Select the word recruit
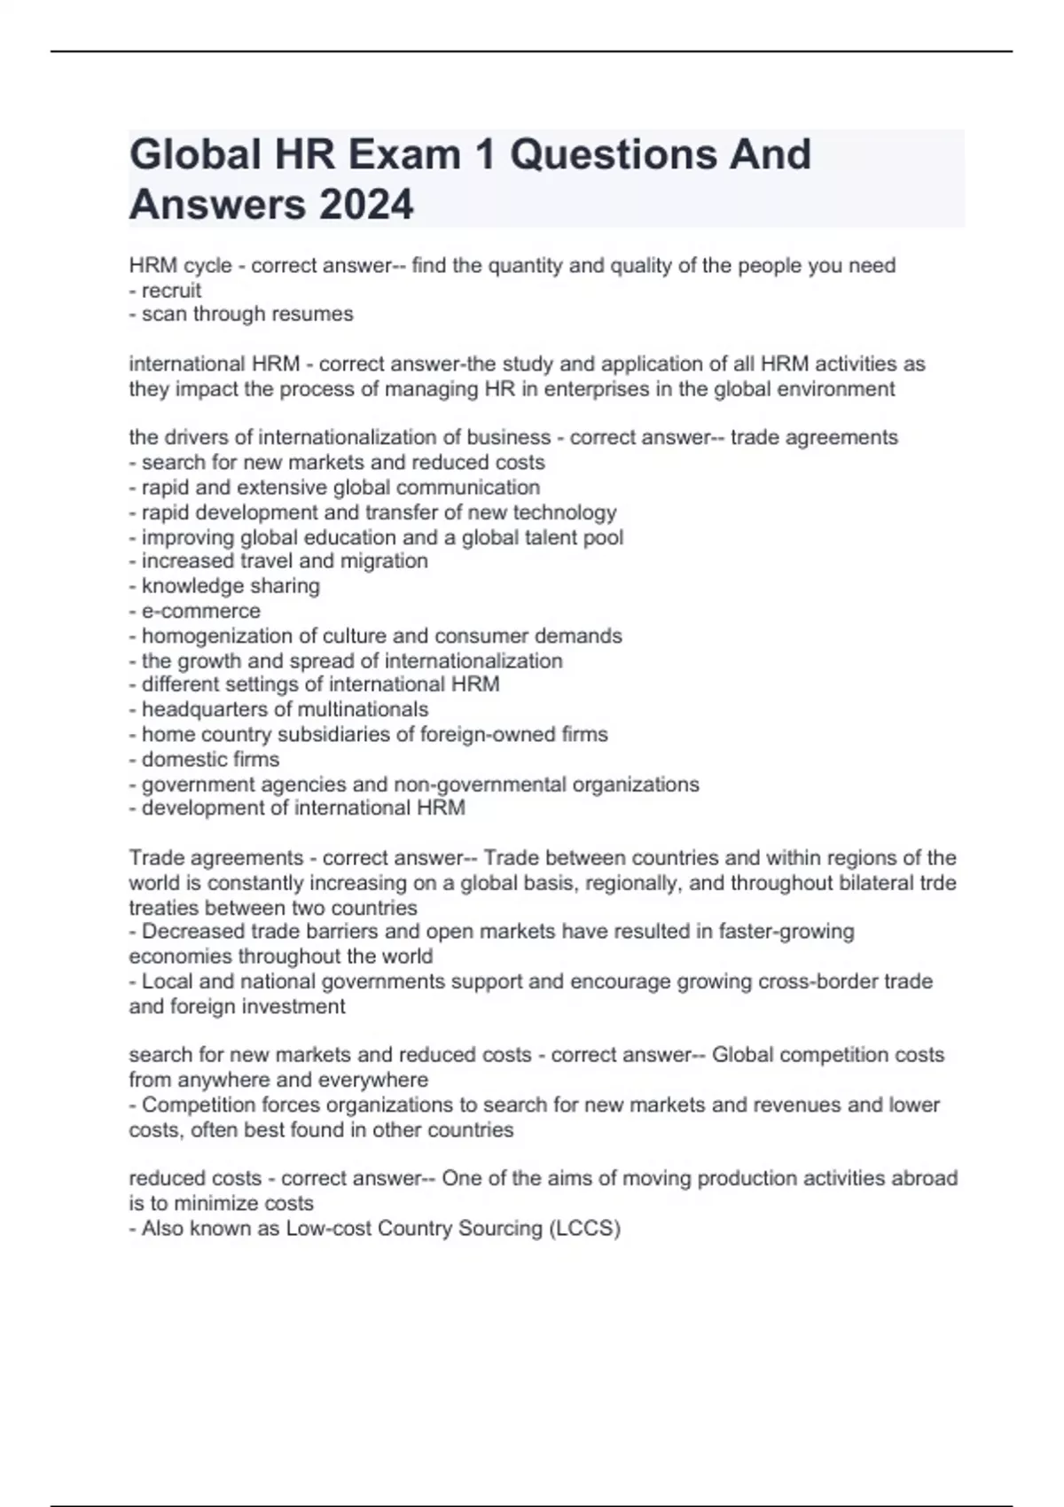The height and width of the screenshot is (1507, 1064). [171, 290]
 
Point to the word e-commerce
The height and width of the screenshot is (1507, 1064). [201, 611]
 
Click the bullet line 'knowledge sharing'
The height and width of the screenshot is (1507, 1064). [224, 586]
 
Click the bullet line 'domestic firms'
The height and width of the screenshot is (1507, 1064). [204, 759]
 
